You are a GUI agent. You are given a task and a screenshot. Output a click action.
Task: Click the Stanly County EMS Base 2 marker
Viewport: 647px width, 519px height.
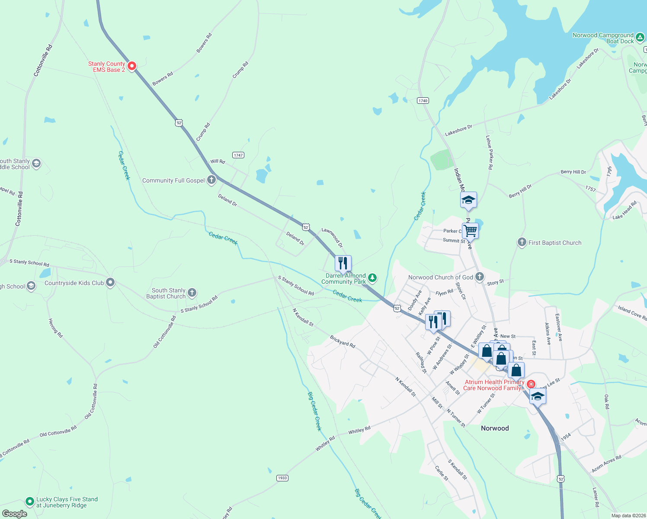[x=132, y=66]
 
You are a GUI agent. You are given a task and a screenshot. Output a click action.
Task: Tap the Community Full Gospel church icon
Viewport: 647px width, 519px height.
[x=211, y=180]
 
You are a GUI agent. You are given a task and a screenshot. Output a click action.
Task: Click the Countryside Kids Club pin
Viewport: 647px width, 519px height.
[x=110, y=283]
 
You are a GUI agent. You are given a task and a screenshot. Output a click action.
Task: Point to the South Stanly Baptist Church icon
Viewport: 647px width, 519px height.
[x=192, y=293]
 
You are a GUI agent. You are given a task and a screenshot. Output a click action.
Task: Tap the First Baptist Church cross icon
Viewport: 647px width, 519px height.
[x=522, y=243]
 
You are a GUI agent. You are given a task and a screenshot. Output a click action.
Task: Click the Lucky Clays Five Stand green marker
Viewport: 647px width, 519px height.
[x=30, y=502]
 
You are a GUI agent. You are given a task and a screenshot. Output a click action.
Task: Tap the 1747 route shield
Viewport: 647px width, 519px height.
[x=238, y=155]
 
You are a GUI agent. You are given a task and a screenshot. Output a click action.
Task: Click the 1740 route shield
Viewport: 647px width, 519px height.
[x=423, y=100]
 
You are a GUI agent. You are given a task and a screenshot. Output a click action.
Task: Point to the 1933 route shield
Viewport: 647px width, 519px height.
[x=282, y=478]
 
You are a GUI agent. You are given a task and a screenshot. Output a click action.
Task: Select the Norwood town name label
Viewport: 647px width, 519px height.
[x=495, y=428]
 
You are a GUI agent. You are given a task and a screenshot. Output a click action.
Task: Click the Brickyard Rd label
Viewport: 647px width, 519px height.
[x=343, y=341]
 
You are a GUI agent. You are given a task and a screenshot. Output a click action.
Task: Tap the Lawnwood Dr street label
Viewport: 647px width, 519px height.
[x=332, y=238]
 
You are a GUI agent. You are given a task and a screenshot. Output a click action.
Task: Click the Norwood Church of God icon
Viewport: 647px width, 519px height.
[x=479, y=277]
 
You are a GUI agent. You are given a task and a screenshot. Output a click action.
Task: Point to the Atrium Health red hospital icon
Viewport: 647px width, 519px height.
[x=531, y=384]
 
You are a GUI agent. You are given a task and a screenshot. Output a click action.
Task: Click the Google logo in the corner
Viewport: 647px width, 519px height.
[x=15, y=514]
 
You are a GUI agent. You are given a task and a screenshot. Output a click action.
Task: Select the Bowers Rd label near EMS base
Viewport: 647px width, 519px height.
[x=163, y=79]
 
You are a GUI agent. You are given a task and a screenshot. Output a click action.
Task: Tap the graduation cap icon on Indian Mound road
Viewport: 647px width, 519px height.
[x=468, y=200]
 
